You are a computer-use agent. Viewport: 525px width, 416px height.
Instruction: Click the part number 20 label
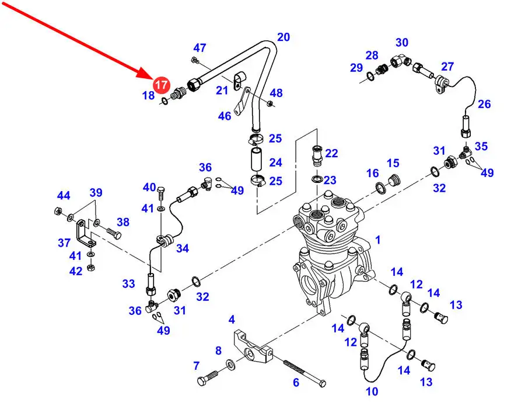283,37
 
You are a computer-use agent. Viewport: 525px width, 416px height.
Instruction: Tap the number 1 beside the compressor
378,240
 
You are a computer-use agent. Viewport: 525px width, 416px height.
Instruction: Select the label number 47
200,48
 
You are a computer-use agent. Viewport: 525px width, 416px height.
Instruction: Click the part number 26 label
485,105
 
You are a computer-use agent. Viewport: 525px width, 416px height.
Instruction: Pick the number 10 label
372,391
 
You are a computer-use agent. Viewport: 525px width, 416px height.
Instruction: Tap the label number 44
63,195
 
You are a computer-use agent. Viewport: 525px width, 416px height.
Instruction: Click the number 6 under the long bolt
296,383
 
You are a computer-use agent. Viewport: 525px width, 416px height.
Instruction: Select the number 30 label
402,43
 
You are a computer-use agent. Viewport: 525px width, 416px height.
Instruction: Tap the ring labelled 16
380,187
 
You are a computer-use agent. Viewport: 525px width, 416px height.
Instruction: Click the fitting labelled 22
317,155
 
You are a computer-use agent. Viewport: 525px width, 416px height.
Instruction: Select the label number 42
76,271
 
